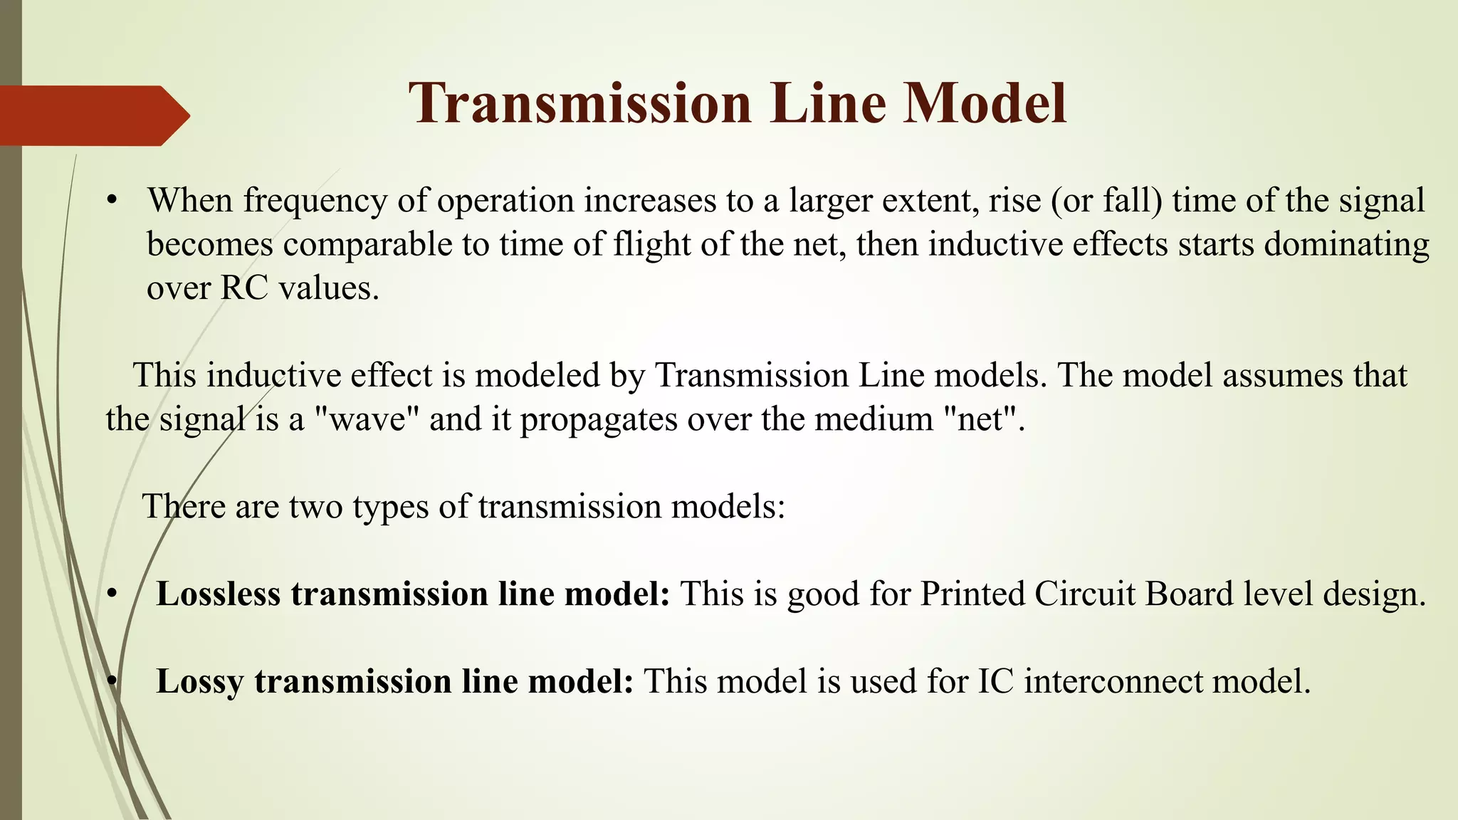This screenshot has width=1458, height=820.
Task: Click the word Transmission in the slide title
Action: click(580, 104)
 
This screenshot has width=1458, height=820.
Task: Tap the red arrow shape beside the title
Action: click(93, 115)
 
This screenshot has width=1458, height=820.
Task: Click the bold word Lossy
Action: click(199, 681)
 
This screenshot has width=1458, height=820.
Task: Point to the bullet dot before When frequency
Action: click(111, 201)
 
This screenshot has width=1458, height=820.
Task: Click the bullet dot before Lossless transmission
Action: click(111, 594)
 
